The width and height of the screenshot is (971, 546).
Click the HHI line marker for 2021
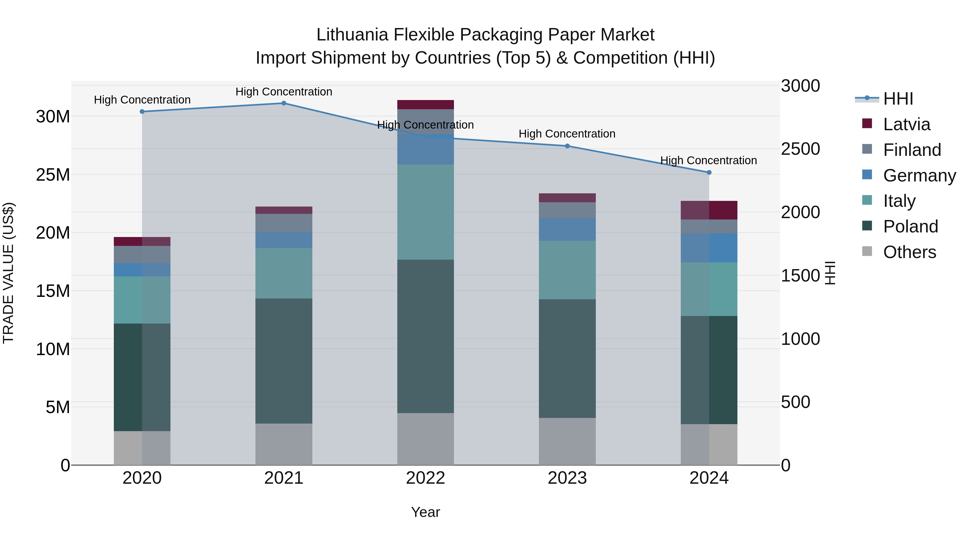point(284,103)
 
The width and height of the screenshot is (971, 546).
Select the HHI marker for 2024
point(709,173)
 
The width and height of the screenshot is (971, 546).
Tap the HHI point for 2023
point(567,146)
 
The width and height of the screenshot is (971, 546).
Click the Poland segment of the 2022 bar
point(426,336)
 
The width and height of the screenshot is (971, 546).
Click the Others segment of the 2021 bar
point(284,444)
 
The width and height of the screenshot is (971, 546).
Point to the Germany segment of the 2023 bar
point(567,229)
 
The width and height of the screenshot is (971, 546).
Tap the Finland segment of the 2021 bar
point(284,223)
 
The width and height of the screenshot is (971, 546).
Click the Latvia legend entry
point(907,124)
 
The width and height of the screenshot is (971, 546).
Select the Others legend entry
point(909,252)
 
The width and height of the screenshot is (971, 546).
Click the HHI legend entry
point(898,99)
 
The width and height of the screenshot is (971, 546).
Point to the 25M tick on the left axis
point(53,175)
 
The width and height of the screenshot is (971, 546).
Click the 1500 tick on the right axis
point(800,276)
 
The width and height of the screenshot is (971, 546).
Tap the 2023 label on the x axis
point(567,478)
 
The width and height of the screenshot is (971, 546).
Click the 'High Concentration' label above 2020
point(142,100)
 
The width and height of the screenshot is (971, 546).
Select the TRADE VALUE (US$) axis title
point(9,273)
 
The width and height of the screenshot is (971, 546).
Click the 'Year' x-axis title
point(426,512)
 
